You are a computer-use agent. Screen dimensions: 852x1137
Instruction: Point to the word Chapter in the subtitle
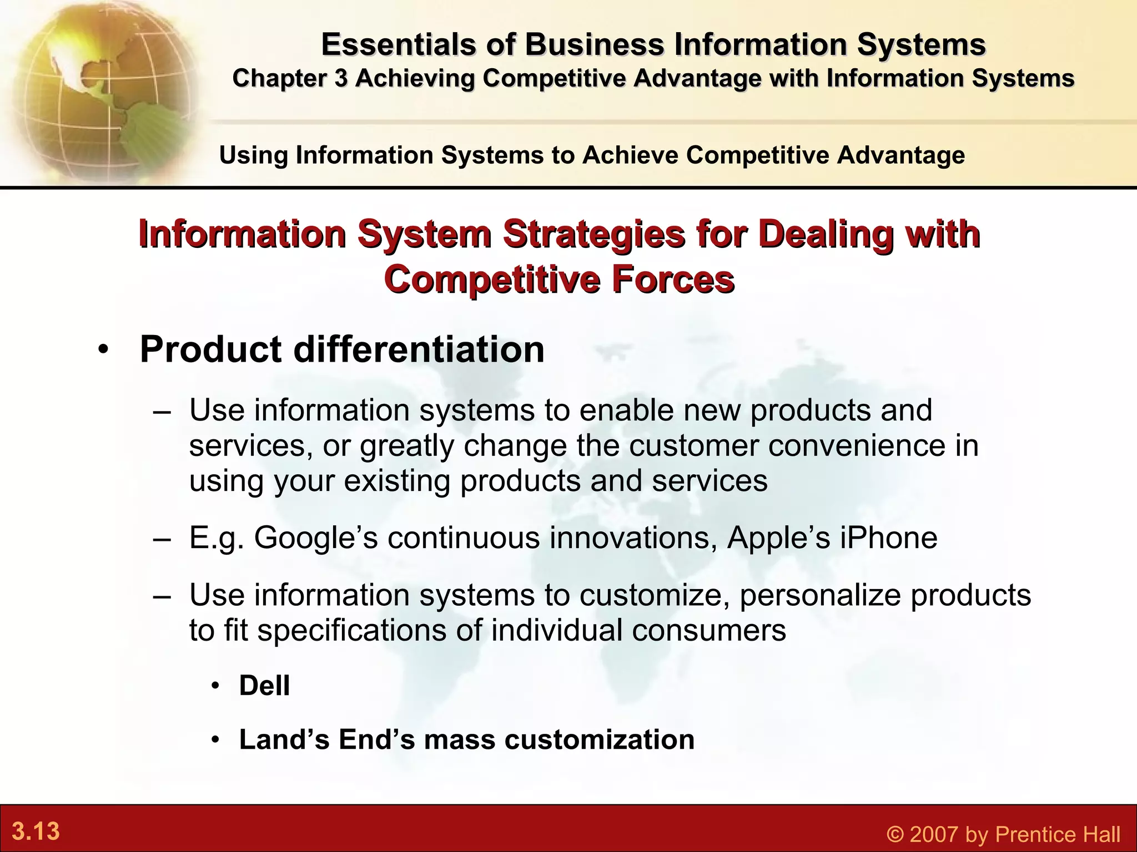[279, 78]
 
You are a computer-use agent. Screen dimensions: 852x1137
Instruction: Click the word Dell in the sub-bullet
[264, 686]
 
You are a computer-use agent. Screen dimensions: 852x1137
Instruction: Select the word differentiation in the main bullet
[419, 349]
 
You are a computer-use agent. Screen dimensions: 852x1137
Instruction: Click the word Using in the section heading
[254, 155]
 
